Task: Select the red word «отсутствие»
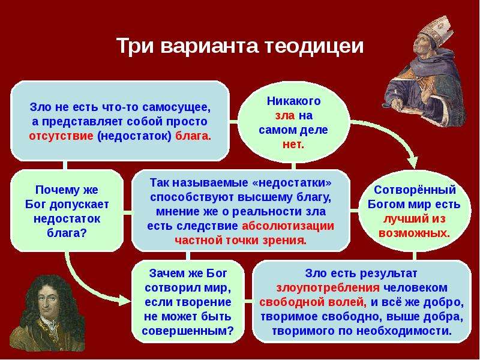click(61, 136)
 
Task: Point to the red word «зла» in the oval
click(285, 116)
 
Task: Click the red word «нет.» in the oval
click(293, 145)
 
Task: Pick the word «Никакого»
click(293, 101)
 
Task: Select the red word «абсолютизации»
click(288, 226)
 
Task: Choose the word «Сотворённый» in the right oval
click(415, 190)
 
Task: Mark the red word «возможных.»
click(414, 233)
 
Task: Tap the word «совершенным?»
click(188, 331)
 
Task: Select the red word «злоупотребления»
click(328, 288)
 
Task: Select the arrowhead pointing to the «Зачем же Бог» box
click(125, 299)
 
